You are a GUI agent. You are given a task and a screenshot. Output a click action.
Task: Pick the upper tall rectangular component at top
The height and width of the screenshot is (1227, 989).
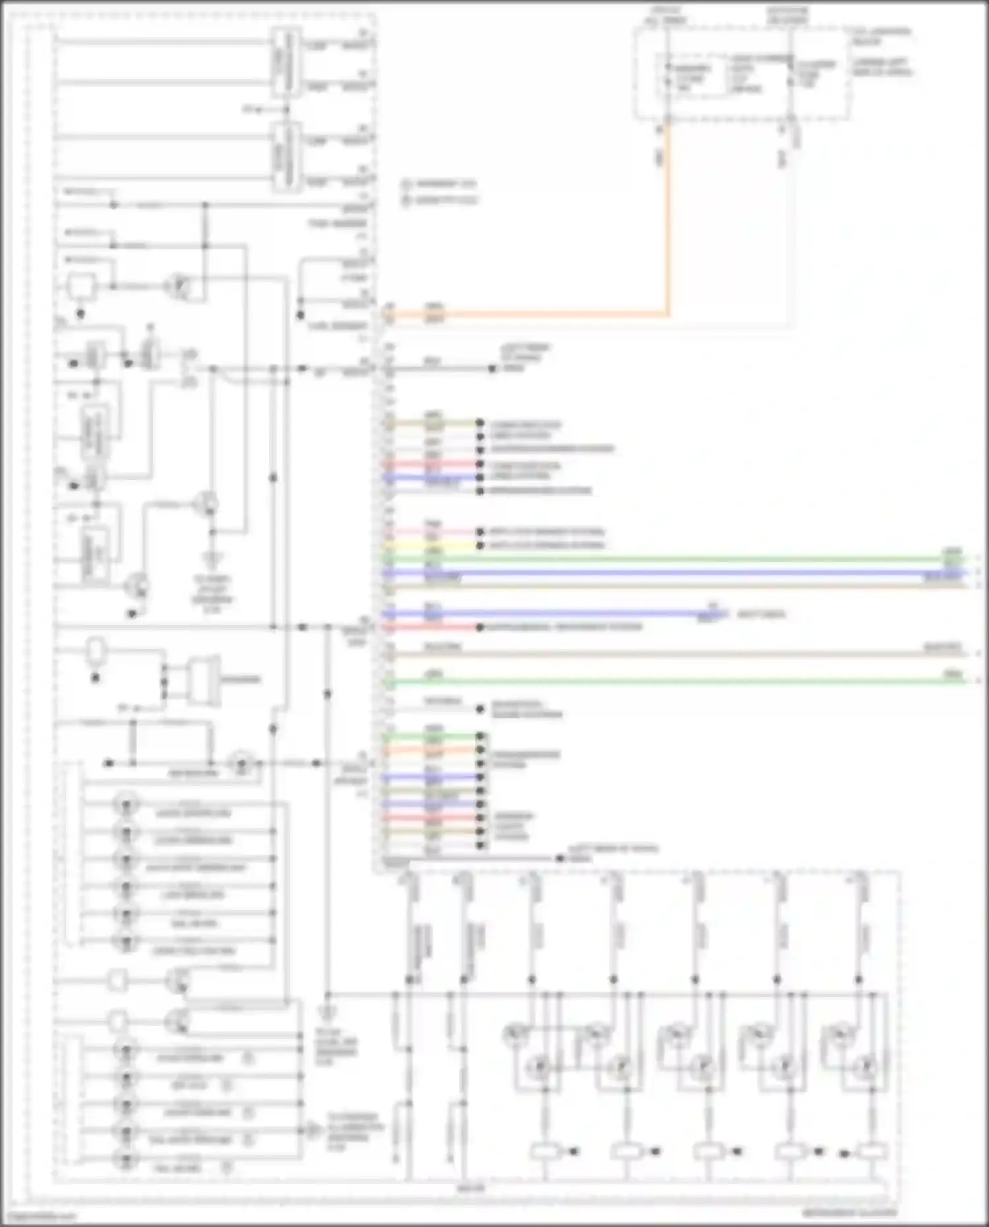click(286, 63)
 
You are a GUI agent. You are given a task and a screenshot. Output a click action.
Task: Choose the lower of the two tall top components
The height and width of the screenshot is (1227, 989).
click(286, 158)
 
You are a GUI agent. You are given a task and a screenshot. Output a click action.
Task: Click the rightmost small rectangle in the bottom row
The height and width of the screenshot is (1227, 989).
click(872, 1152)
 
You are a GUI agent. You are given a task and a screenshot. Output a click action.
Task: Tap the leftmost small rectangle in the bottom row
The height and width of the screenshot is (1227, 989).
click(546, 1152)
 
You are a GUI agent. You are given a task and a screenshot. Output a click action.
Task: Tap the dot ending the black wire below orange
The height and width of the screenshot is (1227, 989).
click(493, 369)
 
